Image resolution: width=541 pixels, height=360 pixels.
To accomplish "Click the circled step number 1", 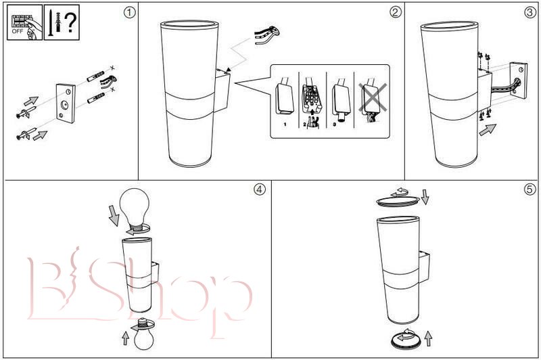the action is point(129,13).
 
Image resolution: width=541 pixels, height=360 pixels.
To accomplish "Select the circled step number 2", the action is point(396,12).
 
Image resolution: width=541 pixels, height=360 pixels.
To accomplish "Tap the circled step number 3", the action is point(530,12).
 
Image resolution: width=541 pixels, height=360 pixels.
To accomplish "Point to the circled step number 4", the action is point(260,189).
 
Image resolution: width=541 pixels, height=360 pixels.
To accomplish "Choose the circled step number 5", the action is point(530,189).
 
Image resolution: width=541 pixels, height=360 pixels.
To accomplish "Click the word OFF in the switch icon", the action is point(18,31).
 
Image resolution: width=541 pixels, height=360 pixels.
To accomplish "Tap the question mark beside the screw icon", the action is point(70,23).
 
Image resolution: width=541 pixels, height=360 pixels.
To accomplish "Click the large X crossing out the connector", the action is point(373,98).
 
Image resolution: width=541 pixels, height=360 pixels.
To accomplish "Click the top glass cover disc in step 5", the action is point(398,202).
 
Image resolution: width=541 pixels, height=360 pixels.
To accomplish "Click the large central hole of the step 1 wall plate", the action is point(64,104).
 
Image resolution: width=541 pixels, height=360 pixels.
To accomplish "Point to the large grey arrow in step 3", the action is point(488,130).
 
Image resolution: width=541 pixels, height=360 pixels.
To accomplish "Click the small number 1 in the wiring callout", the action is point(285,125).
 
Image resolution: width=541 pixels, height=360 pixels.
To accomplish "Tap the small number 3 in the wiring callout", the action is point(334,125).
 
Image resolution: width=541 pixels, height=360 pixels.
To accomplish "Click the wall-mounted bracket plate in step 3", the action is point(519,81).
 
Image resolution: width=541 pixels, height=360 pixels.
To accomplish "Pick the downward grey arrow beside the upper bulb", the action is point(114,215).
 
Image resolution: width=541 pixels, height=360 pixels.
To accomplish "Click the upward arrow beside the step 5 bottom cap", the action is point(428,338).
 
